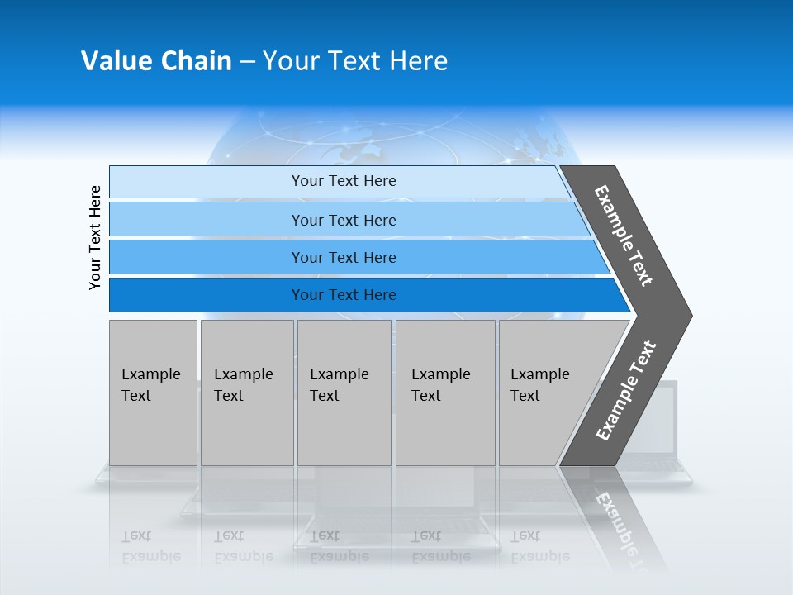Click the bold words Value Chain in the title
(156, 61)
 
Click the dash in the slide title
(247, 62)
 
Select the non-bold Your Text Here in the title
(355, 61)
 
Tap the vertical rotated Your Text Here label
(95, 237)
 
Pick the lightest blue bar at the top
(339, 181)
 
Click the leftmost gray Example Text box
(153, 393)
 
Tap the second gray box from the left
(247, 393)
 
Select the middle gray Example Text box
(344, 393)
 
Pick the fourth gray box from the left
(445, 393)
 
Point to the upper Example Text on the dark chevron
(624, 236)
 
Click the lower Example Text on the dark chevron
(625, 391)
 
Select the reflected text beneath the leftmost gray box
(151, 546)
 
